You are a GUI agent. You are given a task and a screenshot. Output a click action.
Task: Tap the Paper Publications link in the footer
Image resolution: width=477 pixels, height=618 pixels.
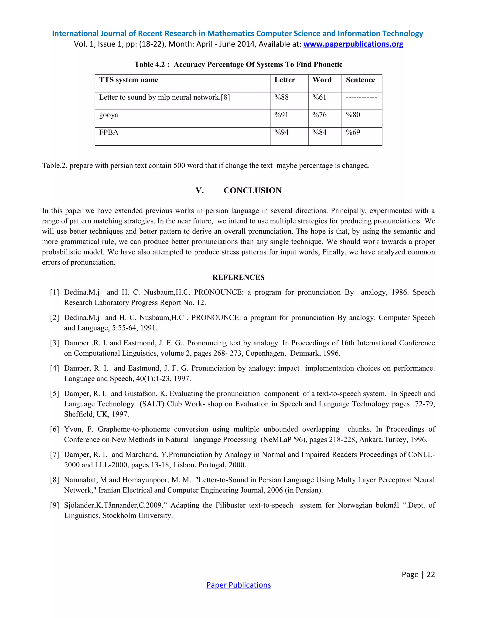(238, 585)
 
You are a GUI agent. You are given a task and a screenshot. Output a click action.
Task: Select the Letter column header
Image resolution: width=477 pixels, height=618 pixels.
(285, 80)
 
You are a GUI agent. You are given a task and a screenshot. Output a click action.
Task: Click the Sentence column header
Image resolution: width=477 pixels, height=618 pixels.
(360, 80)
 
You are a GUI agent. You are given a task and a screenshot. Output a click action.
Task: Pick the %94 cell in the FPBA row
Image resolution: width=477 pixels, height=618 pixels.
(281, 132)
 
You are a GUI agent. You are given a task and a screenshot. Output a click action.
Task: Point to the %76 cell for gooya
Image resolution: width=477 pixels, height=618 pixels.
(319, 115)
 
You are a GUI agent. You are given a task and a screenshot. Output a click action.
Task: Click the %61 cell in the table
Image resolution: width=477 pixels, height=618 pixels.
(319, 97)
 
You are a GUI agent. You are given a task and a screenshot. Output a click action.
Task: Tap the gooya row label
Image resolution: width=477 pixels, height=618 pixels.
(109, 115)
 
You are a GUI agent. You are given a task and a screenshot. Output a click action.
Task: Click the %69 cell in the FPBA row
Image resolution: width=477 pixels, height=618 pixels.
(353, 132)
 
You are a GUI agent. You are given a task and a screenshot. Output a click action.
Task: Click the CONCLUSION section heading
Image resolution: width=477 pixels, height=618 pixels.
(252, 191)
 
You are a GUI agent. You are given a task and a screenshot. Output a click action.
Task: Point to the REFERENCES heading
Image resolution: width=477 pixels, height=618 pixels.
(238, 277)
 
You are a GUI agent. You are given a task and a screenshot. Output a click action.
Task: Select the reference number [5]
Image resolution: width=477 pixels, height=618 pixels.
(55, 394)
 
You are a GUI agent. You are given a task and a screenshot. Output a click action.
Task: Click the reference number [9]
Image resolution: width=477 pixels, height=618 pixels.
(55, 505)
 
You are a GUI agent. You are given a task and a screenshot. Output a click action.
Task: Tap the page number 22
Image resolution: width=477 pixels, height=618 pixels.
(430, 574)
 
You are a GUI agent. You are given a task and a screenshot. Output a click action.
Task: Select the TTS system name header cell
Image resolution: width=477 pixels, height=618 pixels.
(129, 80)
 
